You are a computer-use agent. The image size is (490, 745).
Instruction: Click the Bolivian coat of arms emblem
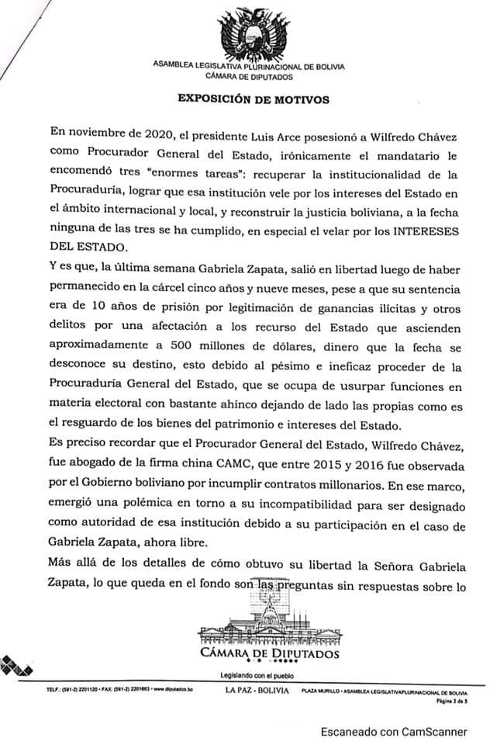tap(248, 32)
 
